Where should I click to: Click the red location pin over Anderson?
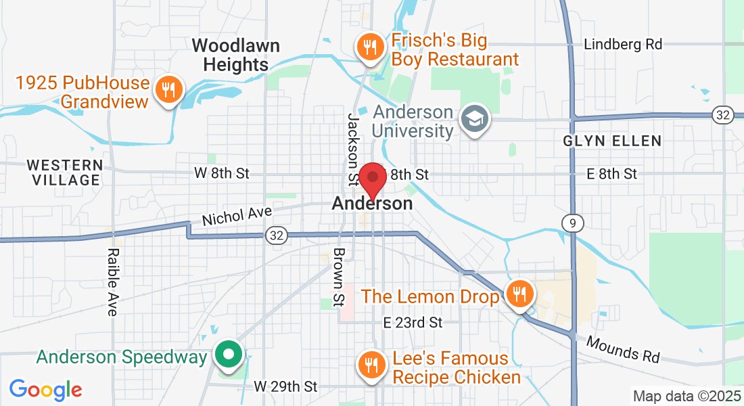pyautogui.click(x=372, y=179)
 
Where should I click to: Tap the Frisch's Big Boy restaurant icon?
pyautogui.click(x=370, y=47)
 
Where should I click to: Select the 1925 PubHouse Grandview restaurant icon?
pyautogui.click(x=168, y=89)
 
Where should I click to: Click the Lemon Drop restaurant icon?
pyautogui.click(x=519, y=294)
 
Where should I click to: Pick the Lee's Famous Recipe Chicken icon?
pyautogui.click(x=370, y=366)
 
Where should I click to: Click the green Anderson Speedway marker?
pyautogui.click(x=229, y=354)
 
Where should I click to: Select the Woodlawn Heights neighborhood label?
pyautogui.click(x=230, y=55)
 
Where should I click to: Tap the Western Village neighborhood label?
pyautogui.click(x=64, y=173)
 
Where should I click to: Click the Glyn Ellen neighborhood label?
pyautogui.click(x=612, y=141)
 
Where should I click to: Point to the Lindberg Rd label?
pyautogui.click(x=623, y=45)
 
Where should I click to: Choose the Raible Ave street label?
pyautogui.click(x=112, y=281)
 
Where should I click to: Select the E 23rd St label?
pyautogui.click(x=412, y=322)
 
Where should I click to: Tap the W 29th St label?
pyautogui.click(x=285, y=386)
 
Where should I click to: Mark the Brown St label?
pyautogui.click(x=339, y=275)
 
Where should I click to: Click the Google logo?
pyautogui.click(x=45, y=390)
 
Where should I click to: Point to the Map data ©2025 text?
pyautogui.click(x=686, y=396)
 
